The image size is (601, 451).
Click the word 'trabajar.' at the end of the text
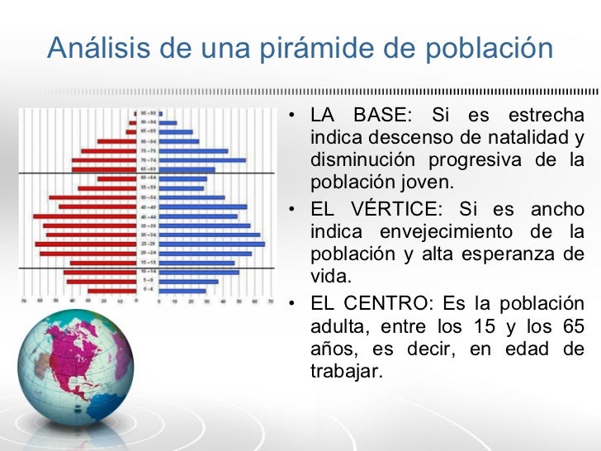point(347,372)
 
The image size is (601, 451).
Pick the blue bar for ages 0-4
point(182,291)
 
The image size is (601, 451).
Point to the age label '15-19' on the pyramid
point(149,263)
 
